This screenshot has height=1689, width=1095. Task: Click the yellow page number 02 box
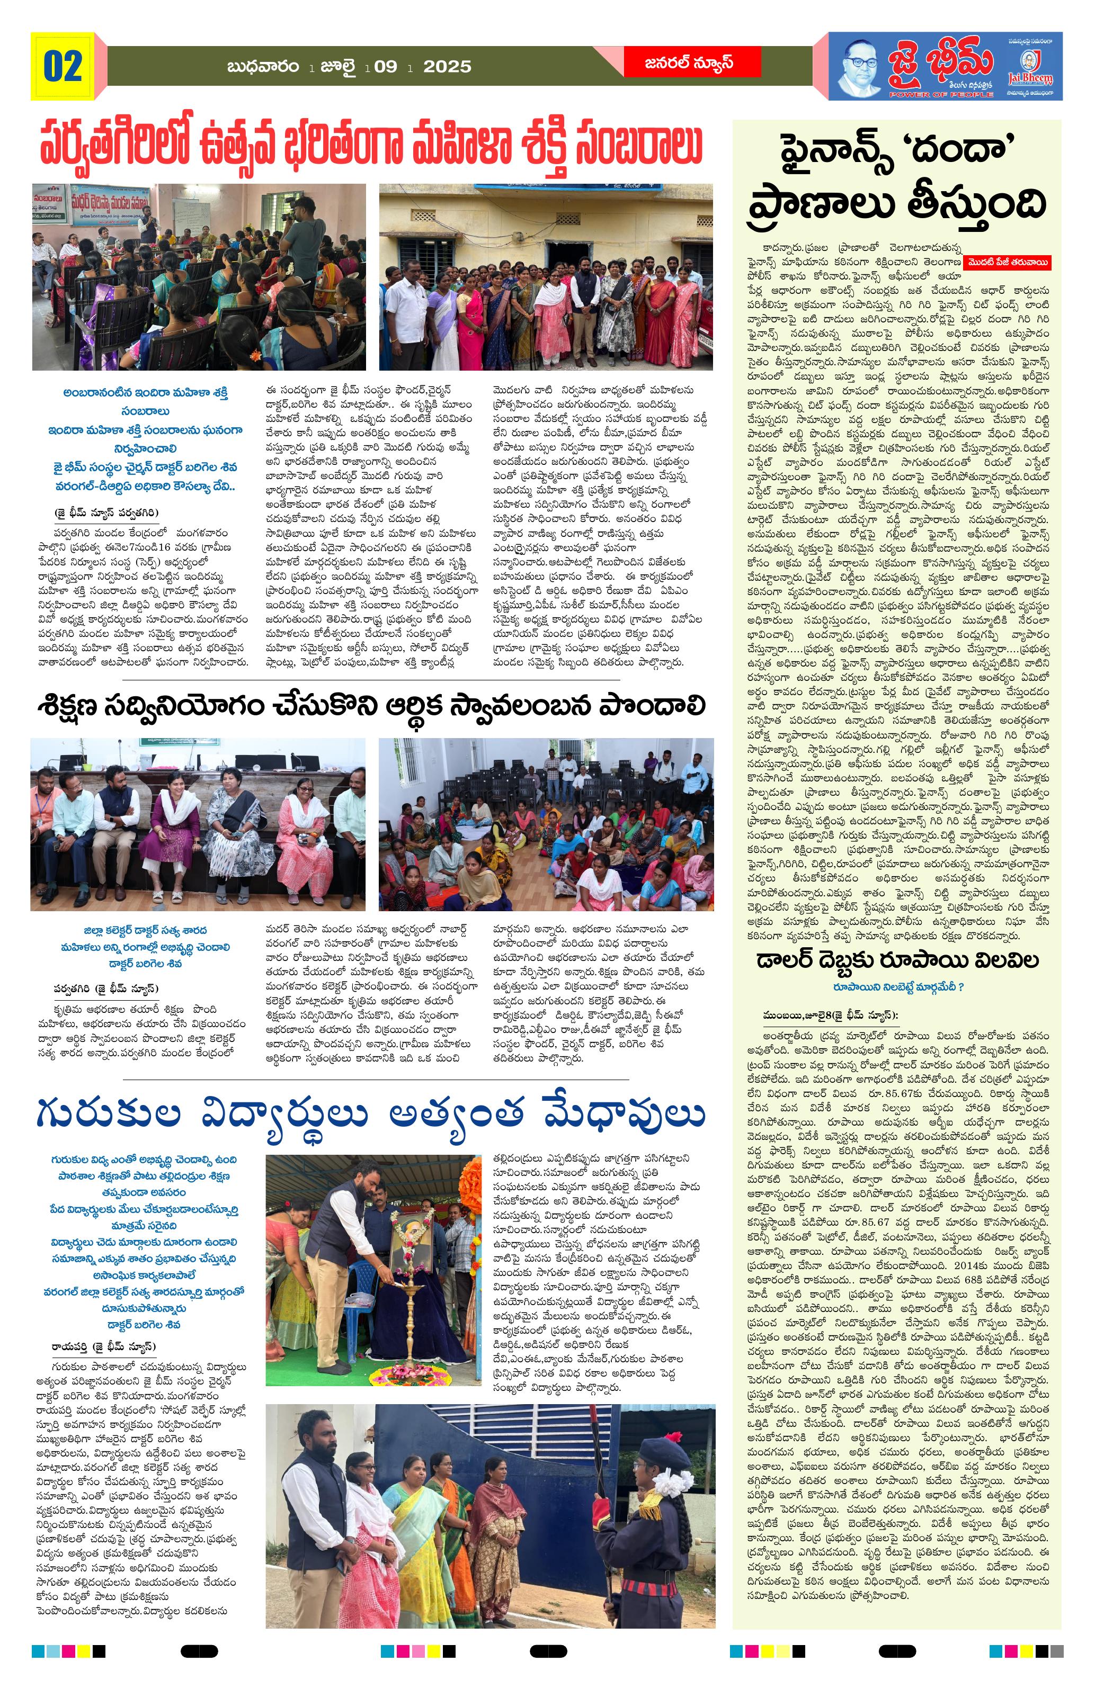click(63, 66)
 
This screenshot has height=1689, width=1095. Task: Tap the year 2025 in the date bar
click(447, 67)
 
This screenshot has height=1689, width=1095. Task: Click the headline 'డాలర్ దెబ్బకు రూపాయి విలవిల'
click(897, 960)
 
